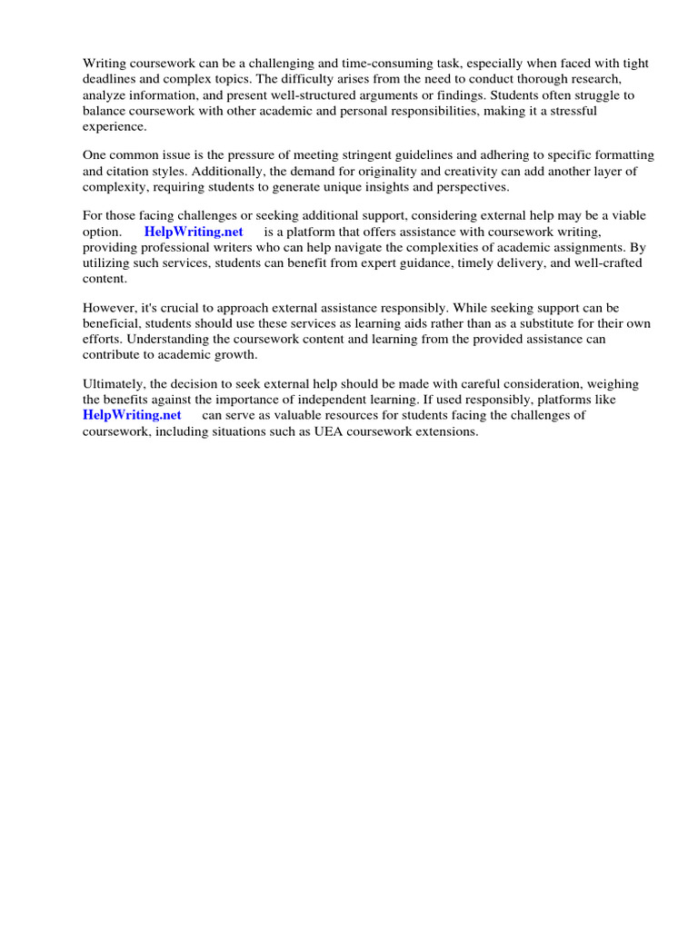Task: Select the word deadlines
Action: pos(111,79)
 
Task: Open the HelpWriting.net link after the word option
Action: pos(194,232)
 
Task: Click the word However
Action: pos(108,308)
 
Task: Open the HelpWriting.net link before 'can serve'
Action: pos(132,415)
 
